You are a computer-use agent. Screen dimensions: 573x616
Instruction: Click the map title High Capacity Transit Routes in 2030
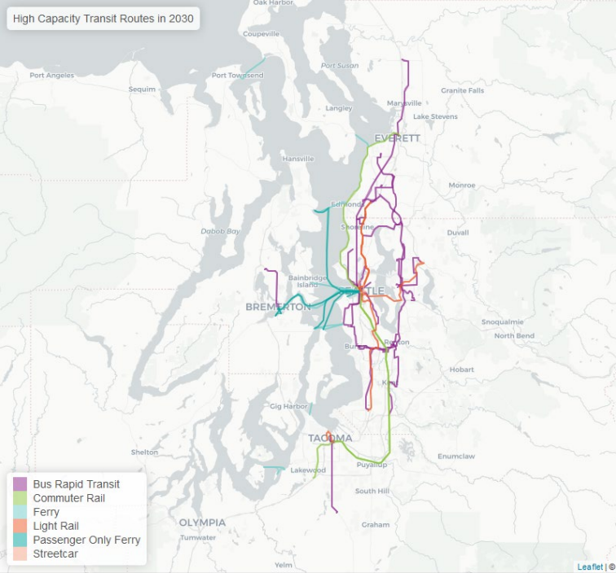point(103,19)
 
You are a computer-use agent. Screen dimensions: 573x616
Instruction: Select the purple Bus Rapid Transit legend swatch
point(20,484)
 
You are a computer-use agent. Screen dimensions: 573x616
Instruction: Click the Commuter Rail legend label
point(68,498)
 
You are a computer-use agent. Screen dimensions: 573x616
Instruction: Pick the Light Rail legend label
point(57,526)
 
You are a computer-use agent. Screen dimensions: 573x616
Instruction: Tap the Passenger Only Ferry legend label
point(86,540)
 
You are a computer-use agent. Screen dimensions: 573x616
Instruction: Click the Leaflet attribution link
point(590,566)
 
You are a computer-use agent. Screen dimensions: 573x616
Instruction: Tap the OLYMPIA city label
point(202,522)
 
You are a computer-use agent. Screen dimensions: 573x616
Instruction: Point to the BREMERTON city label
point(278,307)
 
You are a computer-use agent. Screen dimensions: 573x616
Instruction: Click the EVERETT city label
point(397,138)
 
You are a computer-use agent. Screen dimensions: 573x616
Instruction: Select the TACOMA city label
point(330,438)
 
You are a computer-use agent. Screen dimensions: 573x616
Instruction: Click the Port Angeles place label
point(51,76)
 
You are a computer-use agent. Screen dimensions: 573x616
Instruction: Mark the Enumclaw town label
point(455,457)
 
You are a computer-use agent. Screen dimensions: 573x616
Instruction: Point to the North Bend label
point(513,335)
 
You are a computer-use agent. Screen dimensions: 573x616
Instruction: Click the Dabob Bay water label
point(221,231)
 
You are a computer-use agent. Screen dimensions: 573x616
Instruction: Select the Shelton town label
point(144,453)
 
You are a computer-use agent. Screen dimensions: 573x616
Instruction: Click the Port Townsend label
point(237,76)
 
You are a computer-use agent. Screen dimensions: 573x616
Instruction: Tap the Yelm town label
point(283,564)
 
